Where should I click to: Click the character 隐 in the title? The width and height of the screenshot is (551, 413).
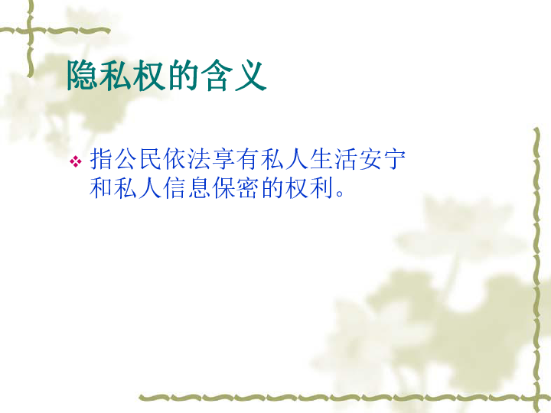[x=82, y=75]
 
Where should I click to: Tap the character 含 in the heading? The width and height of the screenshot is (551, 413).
[x=217, y=75]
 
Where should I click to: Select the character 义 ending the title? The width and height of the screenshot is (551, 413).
[x=250, y=75]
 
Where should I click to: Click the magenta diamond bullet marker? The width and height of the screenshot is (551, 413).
[x=76, y=161]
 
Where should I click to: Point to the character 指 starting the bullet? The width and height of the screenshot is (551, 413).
[x=101, y=159]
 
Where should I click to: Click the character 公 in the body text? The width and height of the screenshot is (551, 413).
[x=126, y=159]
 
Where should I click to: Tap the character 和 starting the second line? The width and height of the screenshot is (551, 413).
[x=101, y=188]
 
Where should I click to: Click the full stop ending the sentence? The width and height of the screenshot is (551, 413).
[x=340, y=193]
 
